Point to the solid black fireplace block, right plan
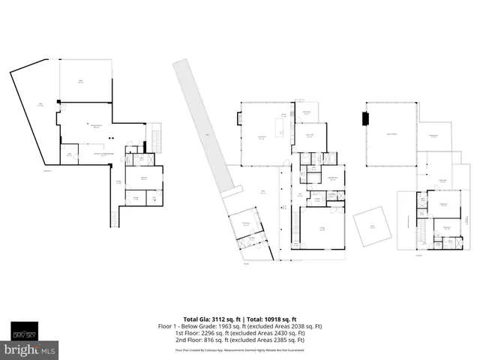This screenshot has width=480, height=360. click(365, 118)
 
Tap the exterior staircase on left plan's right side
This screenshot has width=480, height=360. click(156, 140)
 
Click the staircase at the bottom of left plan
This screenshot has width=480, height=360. click(114, 218)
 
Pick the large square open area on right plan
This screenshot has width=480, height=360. click(391, 134)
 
